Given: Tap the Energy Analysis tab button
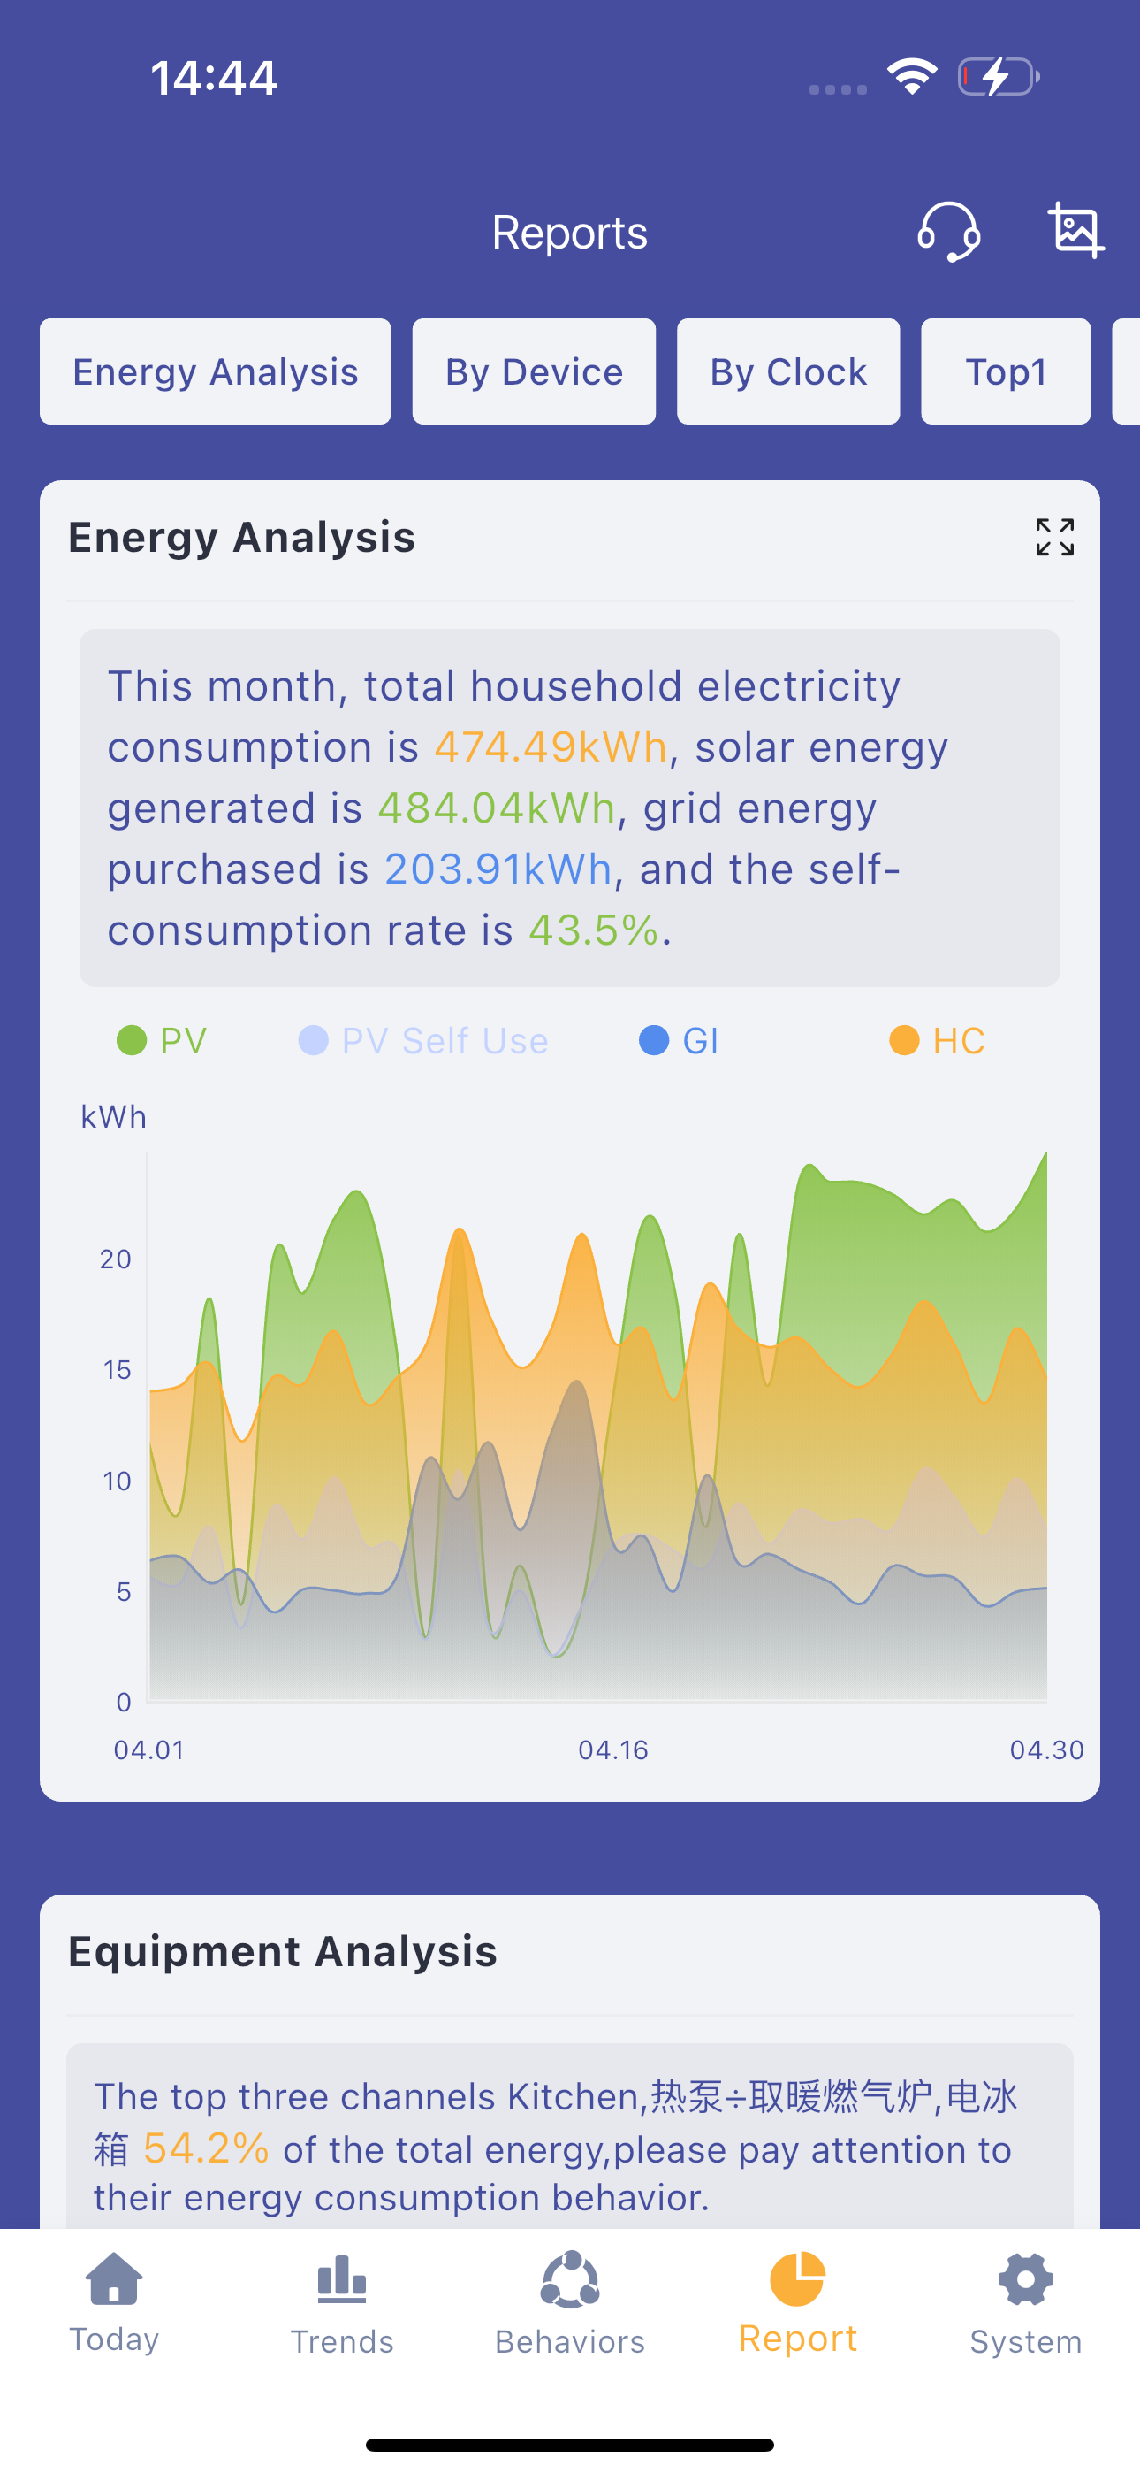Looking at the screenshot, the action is tap(215, 371).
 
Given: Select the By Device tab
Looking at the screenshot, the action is tap(534, 371).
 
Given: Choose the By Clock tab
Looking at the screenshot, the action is tap(787, 371).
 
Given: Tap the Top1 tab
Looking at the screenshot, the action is tap(1006, 371).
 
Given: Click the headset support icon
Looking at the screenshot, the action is tap(948, 232).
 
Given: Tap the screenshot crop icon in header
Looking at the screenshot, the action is tap(1075, 230).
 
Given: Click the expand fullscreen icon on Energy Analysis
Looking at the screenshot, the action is tap(1054, 537).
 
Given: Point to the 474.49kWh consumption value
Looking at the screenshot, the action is tap(550, 746).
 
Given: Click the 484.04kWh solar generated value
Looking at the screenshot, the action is tap(496, 808).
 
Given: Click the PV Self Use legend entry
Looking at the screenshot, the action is tap(423, 1041).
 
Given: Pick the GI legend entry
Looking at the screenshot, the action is tap(679, 1041).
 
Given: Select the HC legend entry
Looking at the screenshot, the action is tap(937, 1041).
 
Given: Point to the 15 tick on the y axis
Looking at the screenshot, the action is tap(117, 1370).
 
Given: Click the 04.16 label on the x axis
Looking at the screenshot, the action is tap(613, 1750).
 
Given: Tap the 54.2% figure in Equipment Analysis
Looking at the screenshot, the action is tap(205, 2148).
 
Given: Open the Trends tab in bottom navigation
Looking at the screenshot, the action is tap(343, 2305).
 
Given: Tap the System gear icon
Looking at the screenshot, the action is tap(1026, 2280).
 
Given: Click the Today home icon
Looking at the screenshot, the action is tap(114, 2278).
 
